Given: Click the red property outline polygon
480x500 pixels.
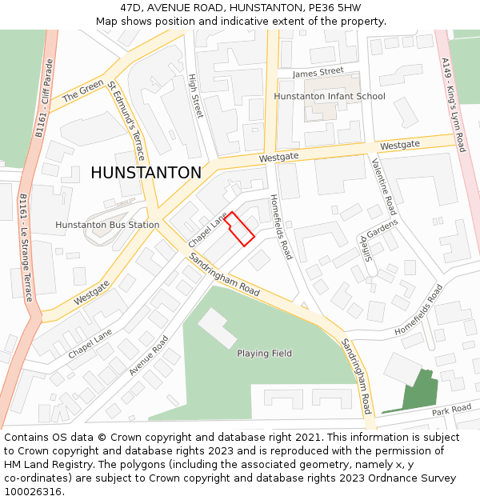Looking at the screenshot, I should [239, 228].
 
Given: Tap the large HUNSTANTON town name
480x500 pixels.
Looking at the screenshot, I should [146, 173].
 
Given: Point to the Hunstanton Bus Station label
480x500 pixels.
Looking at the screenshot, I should [107, 225].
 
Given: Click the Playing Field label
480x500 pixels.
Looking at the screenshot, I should [264, 353].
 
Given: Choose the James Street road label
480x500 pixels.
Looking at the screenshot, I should [318, 72].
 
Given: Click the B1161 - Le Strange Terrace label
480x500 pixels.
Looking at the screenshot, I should [26, 247].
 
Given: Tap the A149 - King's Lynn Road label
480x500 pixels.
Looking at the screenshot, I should [453, 104].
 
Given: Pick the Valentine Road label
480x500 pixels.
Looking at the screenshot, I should [383, 186].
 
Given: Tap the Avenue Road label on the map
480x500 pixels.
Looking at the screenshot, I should [149, 355].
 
